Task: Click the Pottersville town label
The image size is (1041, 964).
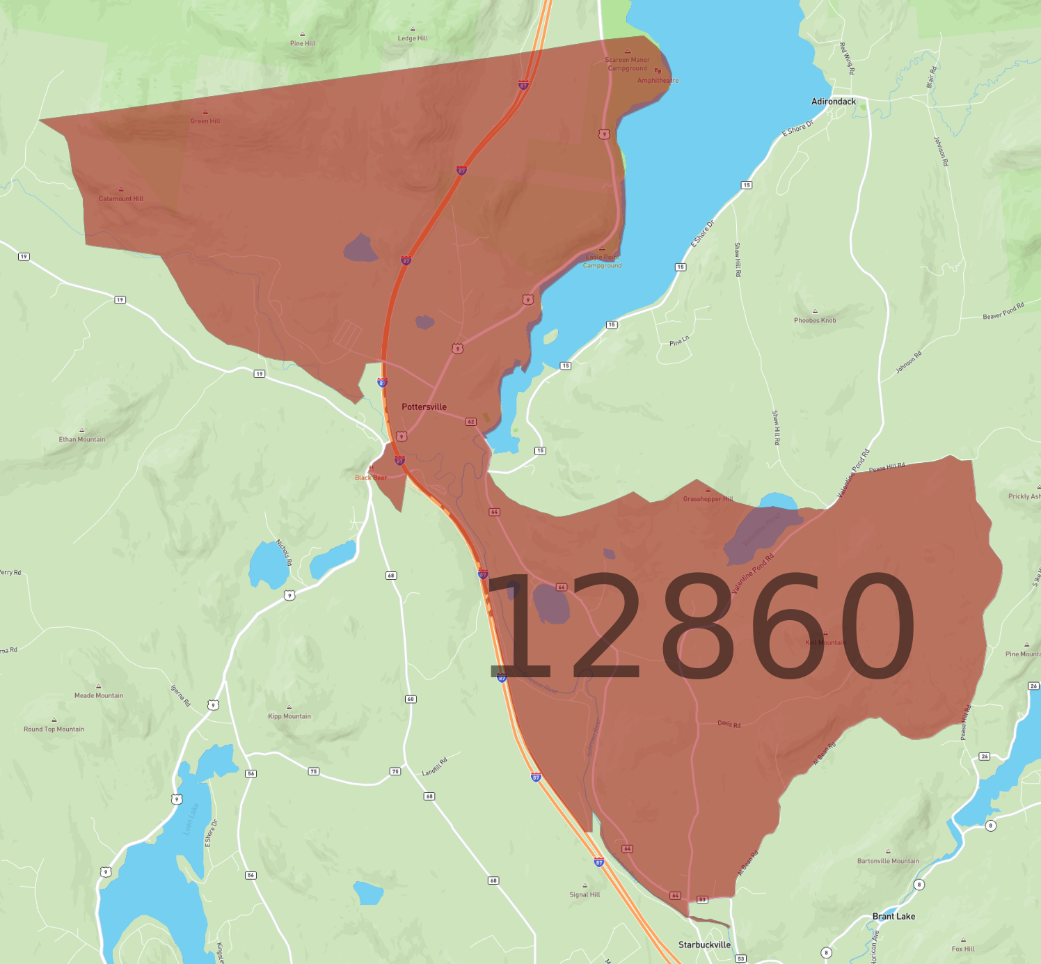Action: (424, 407)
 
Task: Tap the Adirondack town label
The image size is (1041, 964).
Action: (834, 102)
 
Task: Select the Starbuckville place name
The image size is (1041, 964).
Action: (704, 945)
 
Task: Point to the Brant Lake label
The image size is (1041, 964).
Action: (893, 916)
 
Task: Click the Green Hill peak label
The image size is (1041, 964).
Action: (205, 121)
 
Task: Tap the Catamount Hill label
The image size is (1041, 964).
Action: (121, 199)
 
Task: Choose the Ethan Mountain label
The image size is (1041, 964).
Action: (82, 439)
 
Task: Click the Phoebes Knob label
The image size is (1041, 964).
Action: (815, 321)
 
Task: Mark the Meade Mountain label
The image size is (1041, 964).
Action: (99, 695)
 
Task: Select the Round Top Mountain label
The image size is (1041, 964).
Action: (54, 729)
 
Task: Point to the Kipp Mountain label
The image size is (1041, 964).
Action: (289, 716)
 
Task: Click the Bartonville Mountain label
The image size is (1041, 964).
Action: (888, 861)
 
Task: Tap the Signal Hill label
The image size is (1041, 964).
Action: (585, 895)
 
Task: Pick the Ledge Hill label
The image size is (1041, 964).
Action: (413, 38)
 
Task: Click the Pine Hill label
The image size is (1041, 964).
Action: (303, 43)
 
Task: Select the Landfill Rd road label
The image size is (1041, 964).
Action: (435, 766)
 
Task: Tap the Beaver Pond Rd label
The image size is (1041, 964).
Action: (1003, 311)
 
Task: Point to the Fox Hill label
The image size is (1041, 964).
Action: (963, 949)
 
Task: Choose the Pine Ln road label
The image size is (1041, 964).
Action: (679, 341)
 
